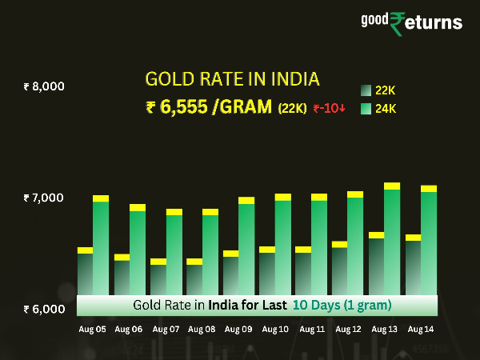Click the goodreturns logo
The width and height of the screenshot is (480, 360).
click(426, 22)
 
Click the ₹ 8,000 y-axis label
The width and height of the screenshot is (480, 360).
click(44, 86)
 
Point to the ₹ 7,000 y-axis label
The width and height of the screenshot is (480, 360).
click(44, 198)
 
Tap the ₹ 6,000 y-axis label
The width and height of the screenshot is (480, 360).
click(44, 309)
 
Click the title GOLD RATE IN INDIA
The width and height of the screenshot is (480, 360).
click(232, 79)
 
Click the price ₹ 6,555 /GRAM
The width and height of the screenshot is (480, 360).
click(210, 108)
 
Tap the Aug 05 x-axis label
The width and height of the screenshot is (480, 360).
click(92, 329)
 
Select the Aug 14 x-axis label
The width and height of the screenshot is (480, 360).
click(421, 329)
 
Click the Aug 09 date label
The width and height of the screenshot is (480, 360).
click(238, 329)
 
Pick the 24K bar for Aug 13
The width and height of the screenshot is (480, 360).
click(392, 240)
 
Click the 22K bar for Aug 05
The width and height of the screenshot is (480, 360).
click(85, 272)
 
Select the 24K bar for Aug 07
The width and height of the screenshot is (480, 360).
click(174, 253)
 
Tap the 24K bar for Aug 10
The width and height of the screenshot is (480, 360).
click(283, 245)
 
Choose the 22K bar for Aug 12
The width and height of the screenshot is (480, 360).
click(339, 269)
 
